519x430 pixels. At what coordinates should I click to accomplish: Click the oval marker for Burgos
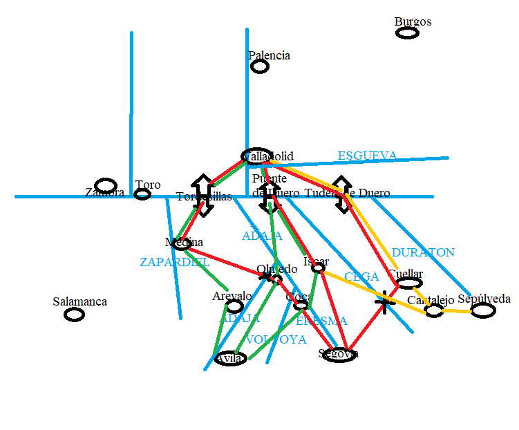click(407, 32)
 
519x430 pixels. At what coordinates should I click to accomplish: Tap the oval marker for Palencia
click(260, 66)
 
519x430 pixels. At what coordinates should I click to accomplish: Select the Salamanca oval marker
click(74, 315)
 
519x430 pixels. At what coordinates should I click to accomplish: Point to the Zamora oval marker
click(106, 185)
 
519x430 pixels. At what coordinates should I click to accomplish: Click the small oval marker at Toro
click(142, 194)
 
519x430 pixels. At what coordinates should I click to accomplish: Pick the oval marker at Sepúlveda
click(483, 310)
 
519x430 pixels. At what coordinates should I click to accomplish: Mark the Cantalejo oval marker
click(434, 310)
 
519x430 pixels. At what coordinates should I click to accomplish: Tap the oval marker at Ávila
click(230, 359)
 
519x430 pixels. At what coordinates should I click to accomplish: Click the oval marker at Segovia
click(339, 355)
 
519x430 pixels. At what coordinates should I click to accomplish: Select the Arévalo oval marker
click(235, 306)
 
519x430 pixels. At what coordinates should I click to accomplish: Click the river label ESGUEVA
click(367, 156)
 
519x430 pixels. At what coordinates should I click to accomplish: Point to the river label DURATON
click(423, 252)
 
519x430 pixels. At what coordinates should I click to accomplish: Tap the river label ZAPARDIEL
click(174, 262)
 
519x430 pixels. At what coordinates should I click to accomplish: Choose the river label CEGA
click(361, 277)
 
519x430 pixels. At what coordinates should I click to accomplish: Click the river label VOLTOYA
click(275, 339)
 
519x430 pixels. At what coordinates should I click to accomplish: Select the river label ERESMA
click(321, 321)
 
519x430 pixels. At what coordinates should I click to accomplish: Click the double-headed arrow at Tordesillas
click(202, 196)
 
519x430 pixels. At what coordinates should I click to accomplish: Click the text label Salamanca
click(79, 301)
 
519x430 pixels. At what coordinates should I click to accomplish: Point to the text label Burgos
click(413, 21)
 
